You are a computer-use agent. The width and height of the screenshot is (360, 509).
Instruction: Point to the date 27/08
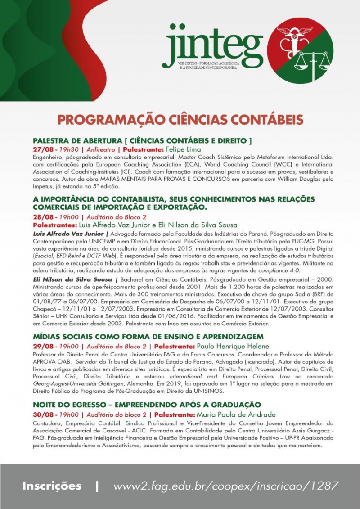[x=42, y=149]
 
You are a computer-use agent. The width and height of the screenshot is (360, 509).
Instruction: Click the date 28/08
[x=42, y=217]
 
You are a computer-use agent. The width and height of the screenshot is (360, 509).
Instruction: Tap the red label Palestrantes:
[x=55, y=225]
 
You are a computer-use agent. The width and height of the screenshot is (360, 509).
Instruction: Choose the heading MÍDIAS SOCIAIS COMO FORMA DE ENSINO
[x=148, y=337]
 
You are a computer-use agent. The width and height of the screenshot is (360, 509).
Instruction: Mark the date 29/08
[x=42, y=347]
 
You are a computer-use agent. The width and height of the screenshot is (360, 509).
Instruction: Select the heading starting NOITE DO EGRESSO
[x=147, y=405]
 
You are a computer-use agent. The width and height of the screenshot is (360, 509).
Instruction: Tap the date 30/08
[x=42, y=414]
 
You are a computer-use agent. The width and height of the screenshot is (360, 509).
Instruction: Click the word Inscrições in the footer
[x=52, y=486]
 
